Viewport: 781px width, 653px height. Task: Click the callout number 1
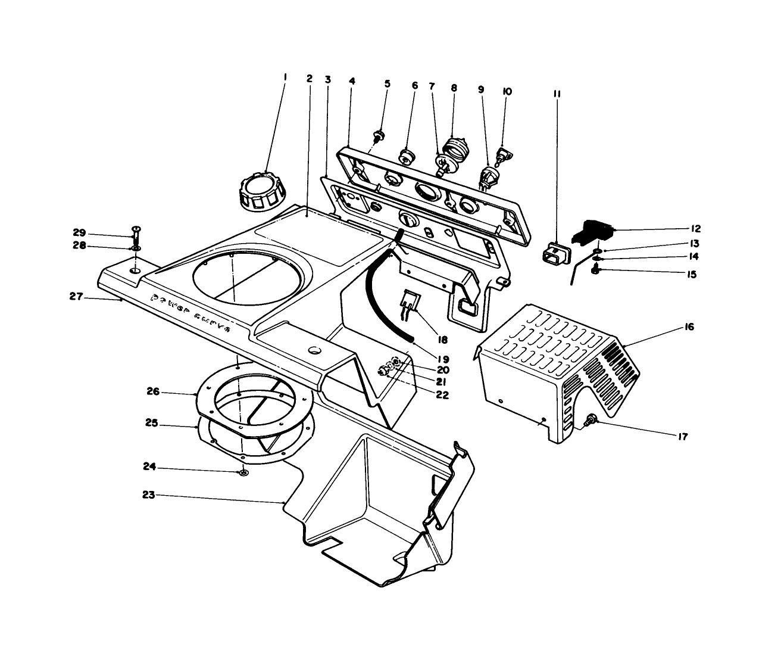pyautogui.click(x=285, y=77)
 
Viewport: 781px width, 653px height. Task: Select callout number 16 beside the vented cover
pyautogui.click(x=689, y=327)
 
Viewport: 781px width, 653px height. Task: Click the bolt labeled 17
pyautogui.click(x=591, y=421)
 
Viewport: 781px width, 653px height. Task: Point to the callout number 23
pyautogui.click(x=149, y=495)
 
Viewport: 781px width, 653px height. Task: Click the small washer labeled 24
pyautogui.click(x=243, y=473)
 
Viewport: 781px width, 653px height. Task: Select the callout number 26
pyautogui.click(x=153, y=392)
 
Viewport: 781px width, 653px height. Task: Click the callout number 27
pyautogui.click(x=76, y=296)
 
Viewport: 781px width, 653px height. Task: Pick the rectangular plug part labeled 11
pyautogui.click(x=554, y=255)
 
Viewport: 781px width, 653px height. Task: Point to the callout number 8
pyautogui.click(x=454, y=88)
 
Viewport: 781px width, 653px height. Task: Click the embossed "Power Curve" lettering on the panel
pyautogui.click(x=190, y=313)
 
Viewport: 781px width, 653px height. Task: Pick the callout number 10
pyautogui.click(x=507, y=92)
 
